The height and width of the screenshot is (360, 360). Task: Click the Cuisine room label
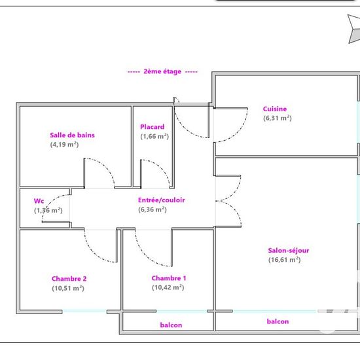[x=275, y=109]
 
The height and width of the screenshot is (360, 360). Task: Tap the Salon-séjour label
[x=289, y=250]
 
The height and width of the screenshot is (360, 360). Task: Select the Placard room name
[x=153, y=127]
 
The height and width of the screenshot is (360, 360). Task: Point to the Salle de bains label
[x=72, y=135]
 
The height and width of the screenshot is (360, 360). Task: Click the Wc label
[x=39, y=201]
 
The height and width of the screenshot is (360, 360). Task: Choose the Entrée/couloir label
[x=162, y=200]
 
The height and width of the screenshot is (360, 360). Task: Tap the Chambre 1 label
[x=169, y=278]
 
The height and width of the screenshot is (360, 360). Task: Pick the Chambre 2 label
[x=69, y=278]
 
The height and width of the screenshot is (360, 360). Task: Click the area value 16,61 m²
[x=285, y=260]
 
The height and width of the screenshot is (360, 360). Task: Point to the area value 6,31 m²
[x=278, y=118]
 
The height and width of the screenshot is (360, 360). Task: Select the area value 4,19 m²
[x=64, y=145]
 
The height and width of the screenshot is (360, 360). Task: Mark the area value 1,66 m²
[x=154, y=136]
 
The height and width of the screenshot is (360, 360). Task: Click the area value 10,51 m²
[x=68, y=288]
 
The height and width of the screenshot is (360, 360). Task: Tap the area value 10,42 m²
[x=168, y=287]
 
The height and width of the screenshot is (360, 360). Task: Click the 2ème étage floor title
[x=162, y=71]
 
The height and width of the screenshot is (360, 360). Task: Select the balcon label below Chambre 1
[x=171, y=325]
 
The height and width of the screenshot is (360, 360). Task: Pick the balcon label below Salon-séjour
[x=278, y=321]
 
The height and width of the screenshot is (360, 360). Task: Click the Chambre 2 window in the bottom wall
[x=84, y=312]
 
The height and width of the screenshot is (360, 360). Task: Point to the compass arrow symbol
[x=353, y=29]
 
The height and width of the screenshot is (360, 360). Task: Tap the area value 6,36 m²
[x=153, y=209]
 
